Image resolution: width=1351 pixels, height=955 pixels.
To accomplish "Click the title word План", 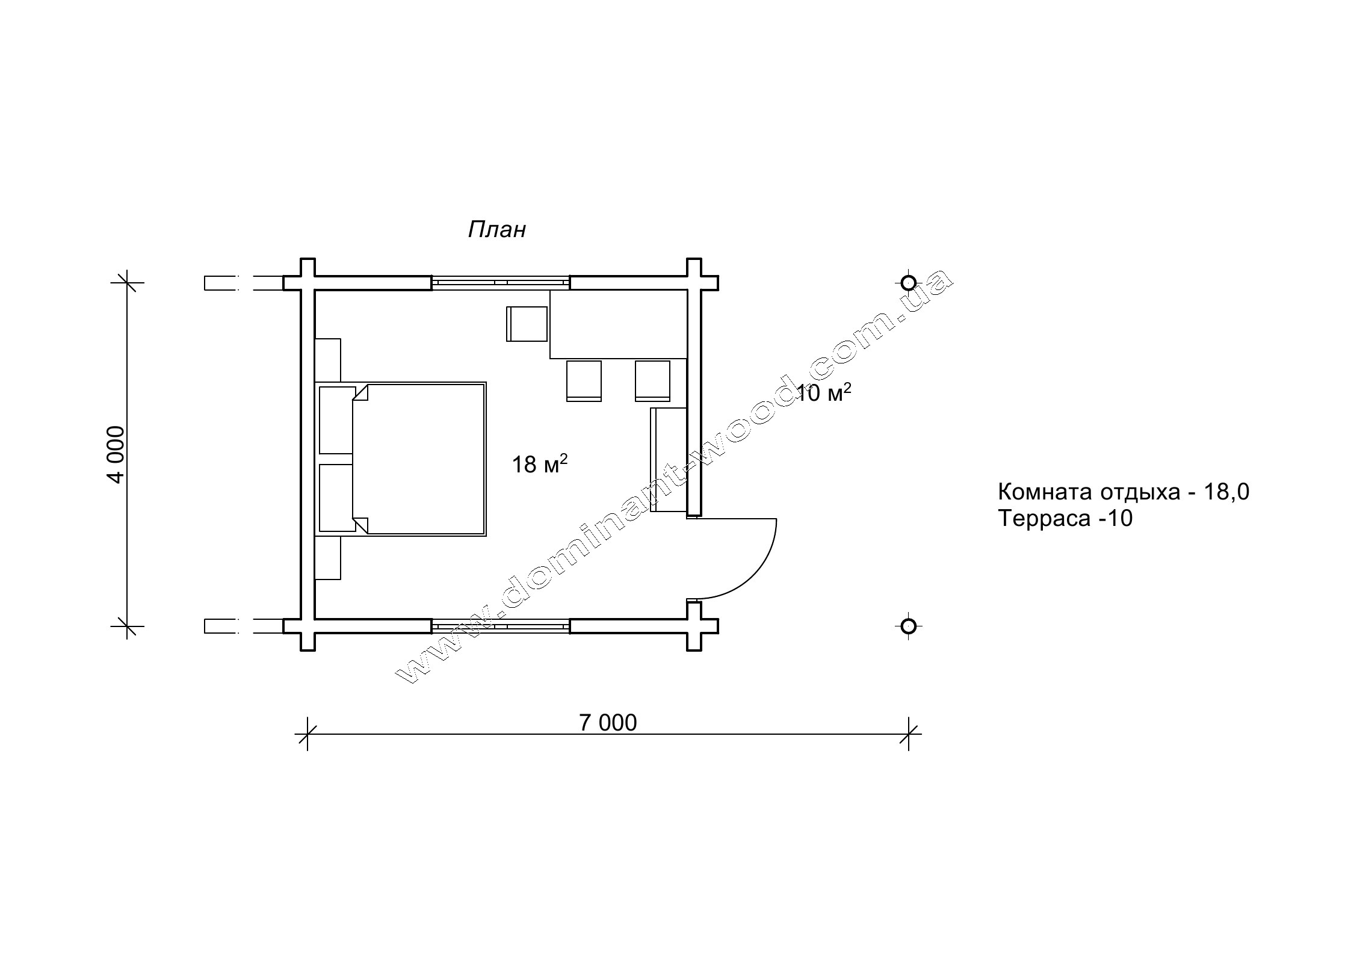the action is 497,229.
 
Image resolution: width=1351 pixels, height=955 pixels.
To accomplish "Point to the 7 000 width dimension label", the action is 608,723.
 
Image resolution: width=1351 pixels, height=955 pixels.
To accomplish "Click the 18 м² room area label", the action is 540,463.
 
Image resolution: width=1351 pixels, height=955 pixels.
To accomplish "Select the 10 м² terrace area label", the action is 823,392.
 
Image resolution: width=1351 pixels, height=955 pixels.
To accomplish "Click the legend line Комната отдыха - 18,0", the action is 1124,492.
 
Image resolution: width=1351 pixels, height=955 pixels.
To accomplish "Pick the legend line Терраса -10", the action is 1065,518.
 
